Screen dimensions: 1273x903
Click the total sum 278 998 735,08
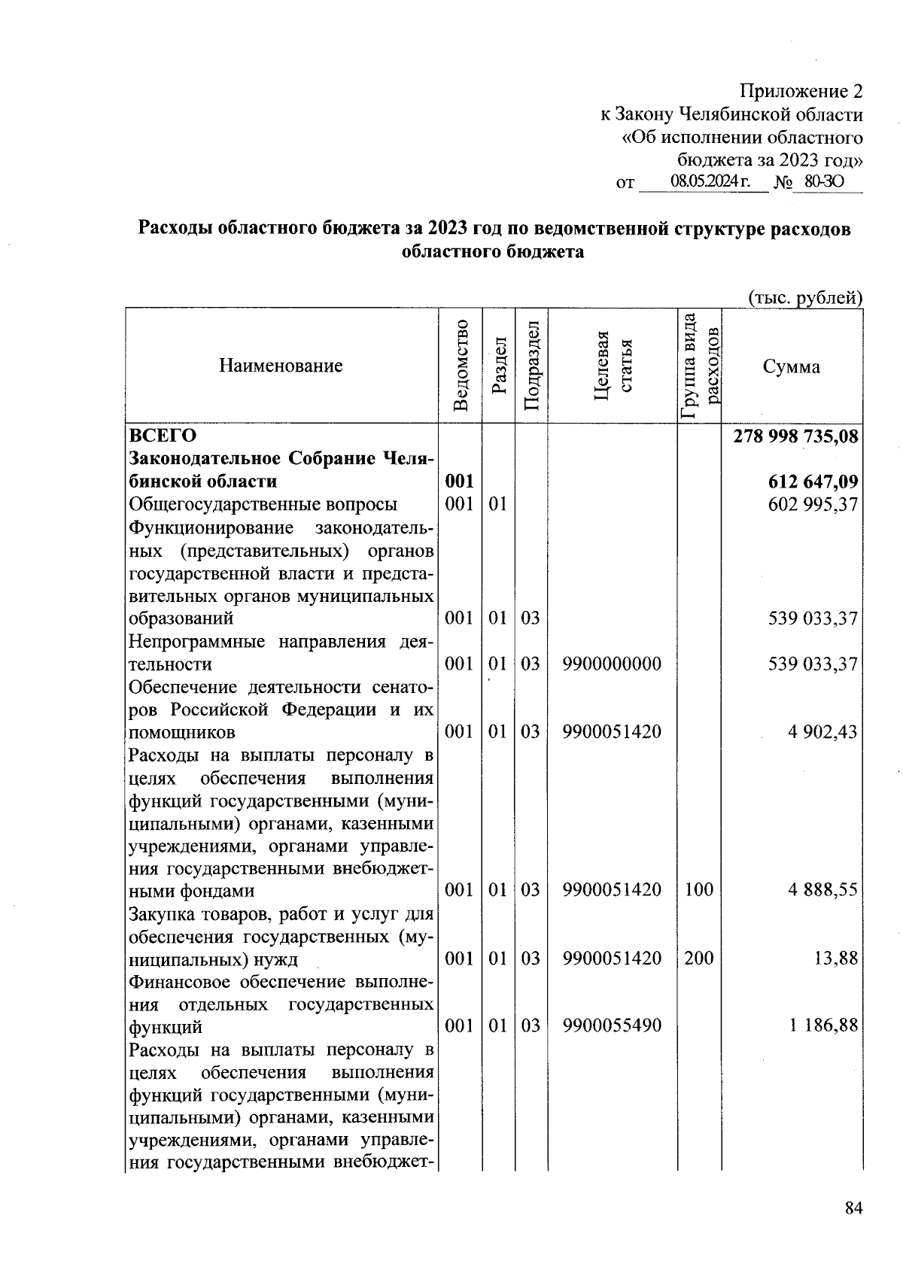click(x=795, y=436)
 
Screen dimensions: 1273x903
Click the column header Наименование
click(x=281, y=366)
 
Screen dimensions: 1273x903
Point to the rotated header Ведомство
click(x=461, y=366)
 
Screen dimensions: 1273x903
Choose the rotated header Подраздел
click(x=531, y=366)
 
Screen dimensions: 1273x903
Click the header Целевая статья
click(x=612, y=366)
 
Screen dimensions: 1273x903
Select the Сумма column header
click(x=791, y=366)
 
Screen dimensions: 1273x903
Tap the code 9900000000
click(x=612, y=664)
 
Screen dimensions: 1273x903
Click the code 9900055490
click(x=612, y=1025)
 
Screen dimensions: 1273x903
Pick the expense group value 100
click(x=699, y=890)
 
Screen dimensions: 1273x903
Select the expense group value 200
click(x=699, y=959)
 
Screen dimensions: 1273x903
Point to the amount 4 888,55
click(x=822, y=890)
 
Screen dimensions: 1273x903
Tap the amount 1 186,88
click(x=822, y=1025)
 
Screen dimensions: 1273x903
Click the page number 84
click(x=853, y=1209)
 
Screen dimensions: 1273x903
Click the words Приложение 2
click(x=801, y=92)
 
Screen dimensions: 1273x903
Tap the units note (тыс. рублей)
click(x=804, y=298)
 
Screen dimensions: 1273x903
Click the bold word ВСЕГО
click(x=163, y=436)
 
